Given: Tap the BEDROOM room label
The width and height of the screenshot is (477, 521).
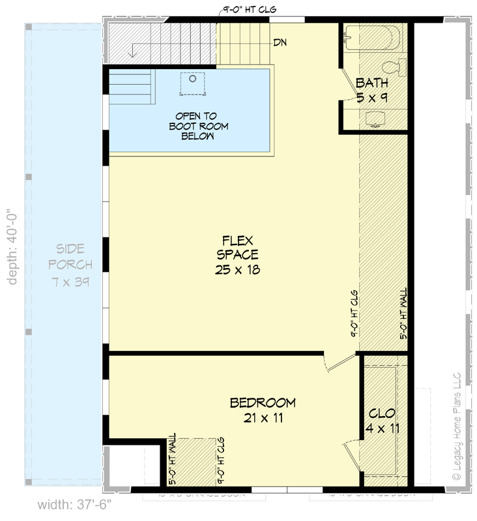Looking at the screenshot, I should pos(263,403).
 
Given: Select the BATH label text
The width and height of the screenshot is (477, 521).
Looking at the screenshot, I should pos(372,83).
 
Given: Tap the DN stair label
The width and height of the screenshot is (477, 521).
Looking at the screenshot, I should pos(280,43).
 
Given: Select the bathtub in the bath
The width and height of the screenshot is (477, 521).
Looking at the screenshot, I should pos(368,37).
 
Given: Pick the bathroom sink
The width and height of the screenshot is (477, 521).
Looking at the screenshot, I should pos(375,118).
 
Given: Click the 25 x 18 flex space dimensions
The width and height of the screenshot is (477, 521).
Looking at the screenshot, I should pos(238,269).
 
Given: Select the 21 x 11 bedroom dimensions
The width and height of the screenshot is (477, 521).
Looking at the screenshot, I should pos(263,419).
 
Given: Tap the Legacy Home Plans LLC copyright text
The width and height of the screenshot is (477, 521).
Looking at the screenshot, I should pos(456,427).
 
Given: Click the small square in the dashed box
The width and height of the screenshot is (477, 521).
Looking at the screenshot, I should pos(192,79).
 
